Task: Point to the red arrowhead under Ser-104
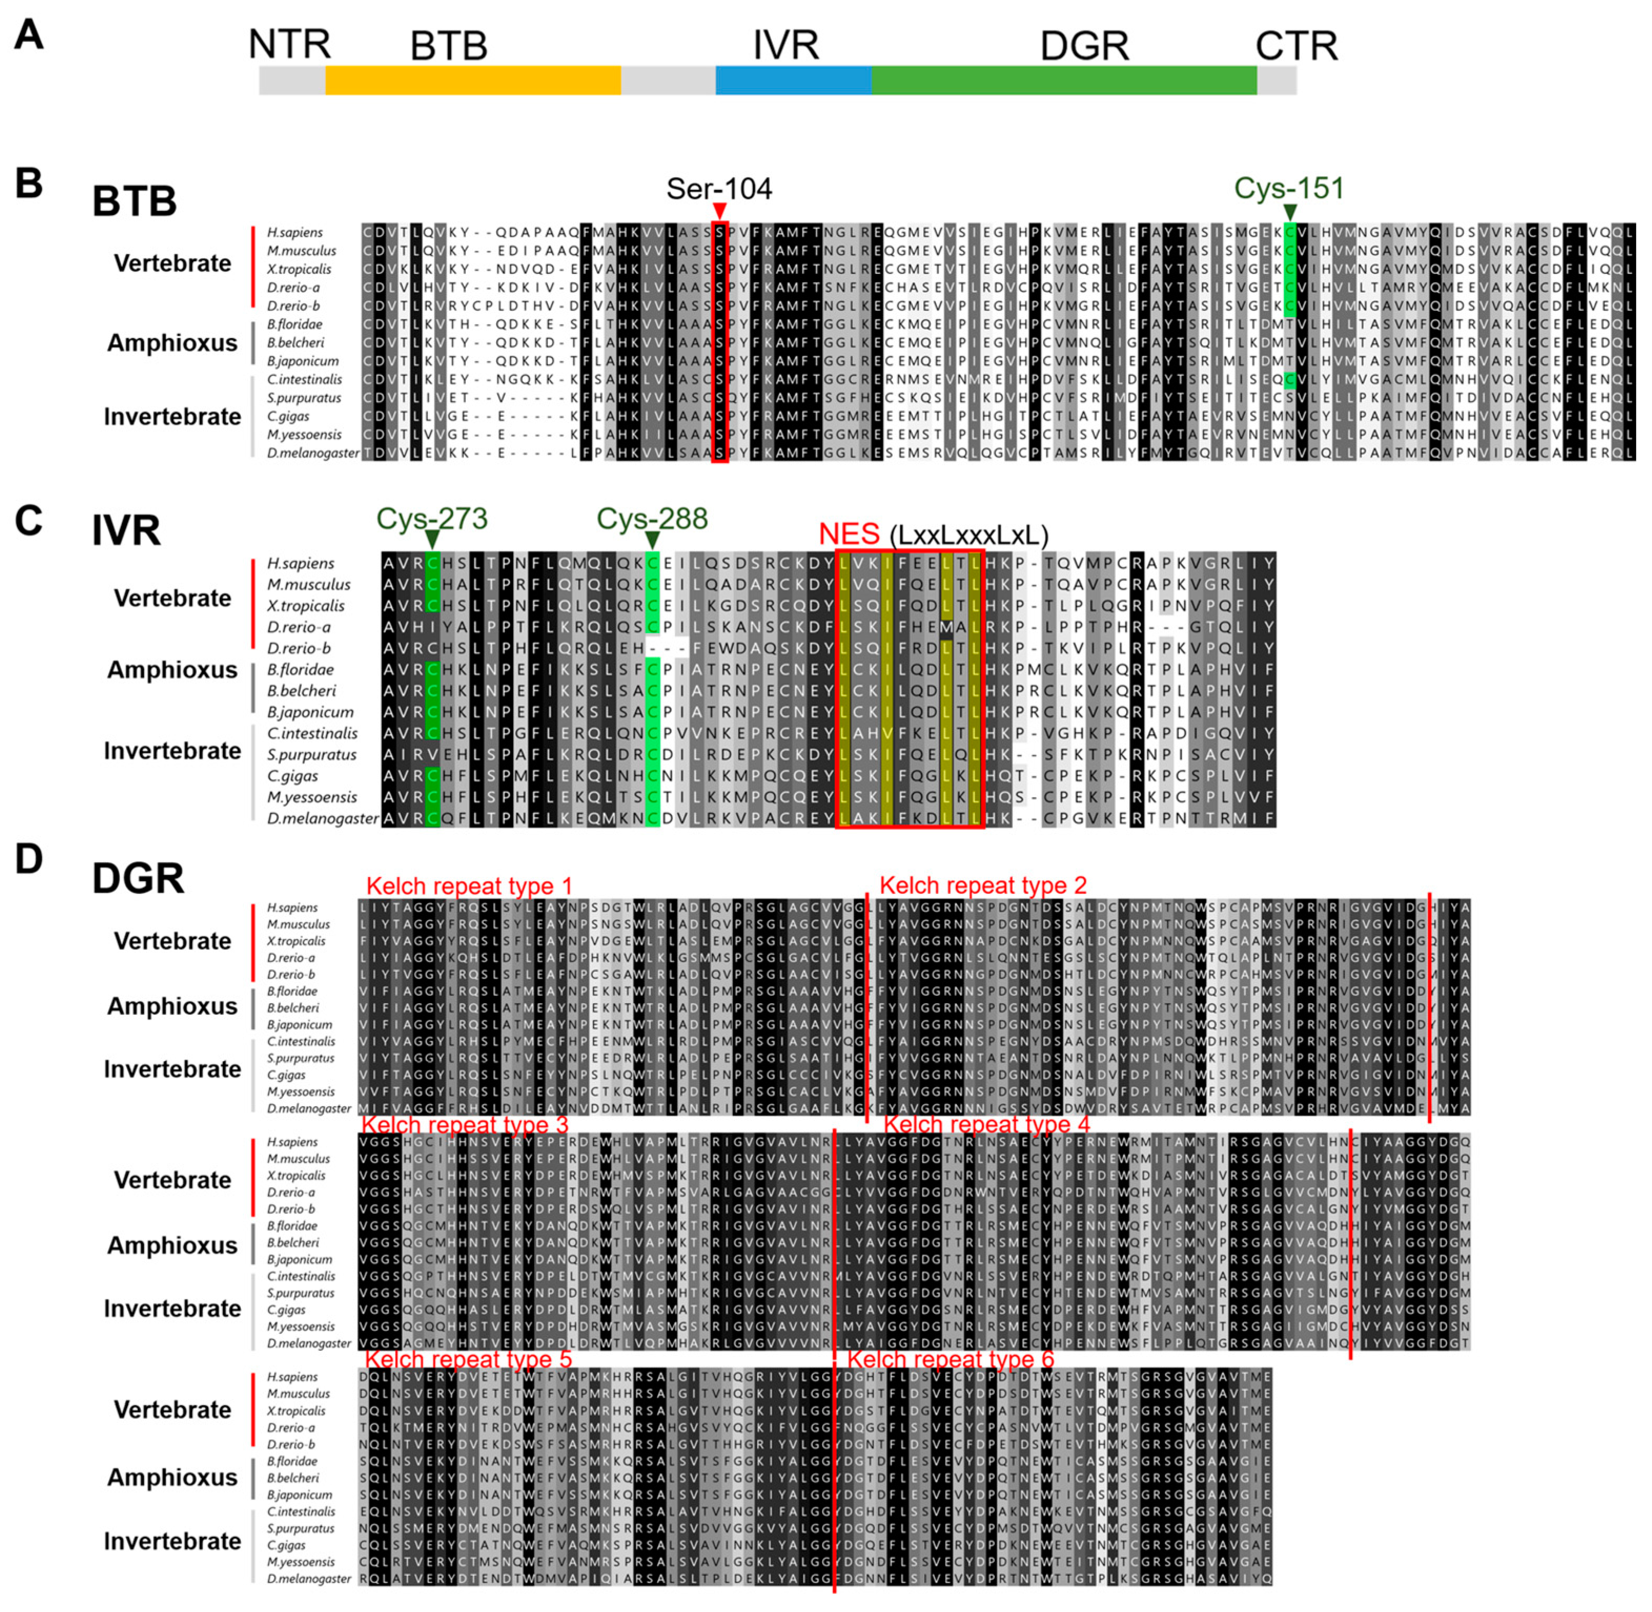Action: (719, 210)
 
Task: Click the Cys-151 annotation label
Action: (1288, 188)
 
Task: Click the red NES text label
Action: (849, 534)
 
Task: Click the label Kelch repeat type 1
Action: (468, 885)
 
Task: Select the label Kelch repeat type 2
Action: (982, 885)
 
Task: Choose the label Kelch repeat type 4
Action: (986, 1124)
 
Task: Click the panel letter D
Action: (29, 859)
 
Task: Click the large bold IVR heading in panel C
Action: (126, 531)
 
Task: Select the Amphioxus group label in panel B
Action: (172, 343)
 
